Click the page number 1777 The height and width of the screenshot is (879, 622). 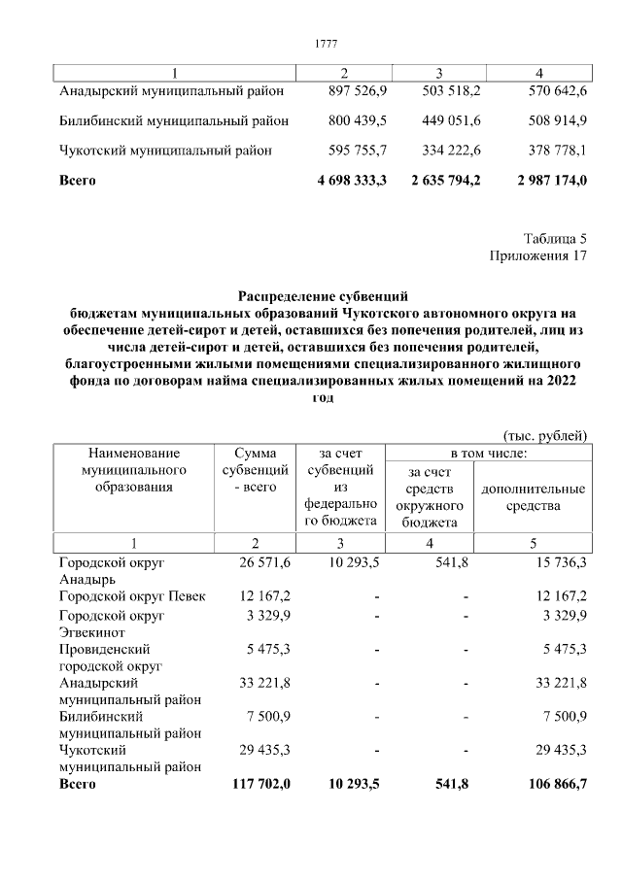pyautogui.click(x=327, y=44)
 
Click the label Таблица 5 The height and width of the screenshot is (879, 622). pyautogui.click(x=555, y=239)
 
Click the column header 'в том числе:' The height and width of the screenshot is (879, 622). pyautogui.click(x=487, y=453)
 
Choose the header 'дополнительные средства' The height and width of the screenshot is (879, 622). pyautogui.click(x=533, y=497)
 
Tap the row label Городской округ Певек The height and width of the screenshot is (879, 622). pyautogui.click(x=132, y=595)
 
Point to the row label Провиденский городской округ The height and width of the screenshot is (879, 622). pyautogui.click(x=109, y=657)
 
